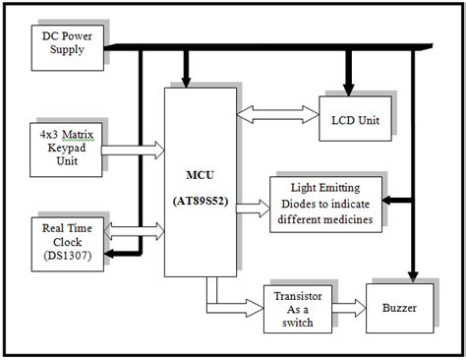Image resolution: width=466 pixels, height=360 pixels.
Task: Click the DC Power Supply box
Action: coord(70,43)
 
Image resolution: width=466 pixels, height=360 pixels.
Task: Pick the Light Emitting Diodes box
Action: coord(325,203)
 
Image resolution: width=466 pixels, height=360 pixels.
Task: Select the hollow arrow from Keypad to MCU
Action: coord(134,149)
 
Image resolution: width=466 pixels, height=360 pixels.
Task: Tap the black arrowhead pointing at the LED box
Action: coord(391,199)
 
